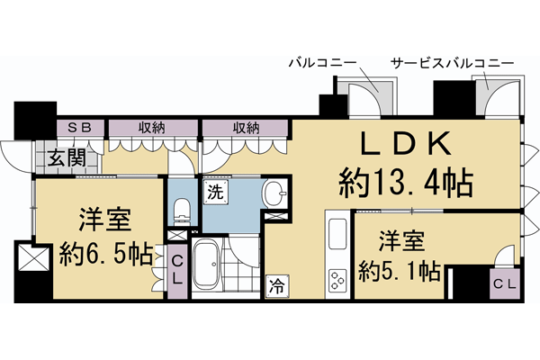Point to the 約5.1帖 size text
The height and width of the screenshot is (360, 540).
click(399, 269)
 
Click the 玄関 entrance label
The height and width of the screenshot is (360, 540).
click(67, 157)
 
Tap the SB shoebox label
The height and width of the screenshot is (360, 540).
click(71, 127)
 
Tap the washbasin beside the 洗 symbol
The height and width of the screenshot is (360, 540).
click(274, 192)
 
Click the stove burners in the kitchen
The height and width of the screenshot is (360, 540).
click(337, 281)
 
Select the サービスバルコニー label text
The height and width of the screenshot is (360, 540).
click(452, 64)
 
